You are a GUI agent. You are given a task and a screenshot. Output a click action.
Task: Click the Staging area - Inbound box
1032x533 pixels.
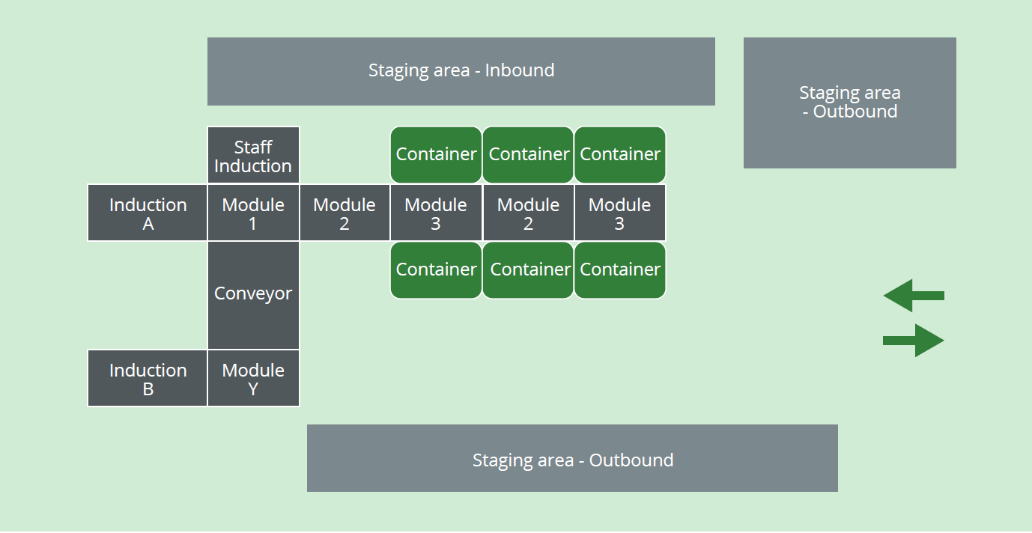[x=461, y=71]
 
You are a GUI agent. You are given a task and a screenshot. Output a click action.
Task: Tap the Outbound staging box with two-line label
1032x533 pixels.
[x=849, y=103]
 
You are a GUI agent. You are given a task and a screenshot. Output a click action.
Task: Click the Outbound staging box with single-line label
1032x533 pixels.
[x=572, y=458]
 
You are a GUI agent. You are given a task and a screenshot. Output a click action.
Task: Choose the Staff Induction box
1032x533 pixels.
[x=253, y=156]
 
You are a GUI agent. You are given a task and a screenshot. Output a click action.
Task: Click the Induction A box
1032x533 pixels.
[x=148, y=213]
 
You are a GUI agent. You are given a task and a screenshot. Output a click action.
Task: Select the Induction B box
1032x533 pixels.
[x=148, y=379]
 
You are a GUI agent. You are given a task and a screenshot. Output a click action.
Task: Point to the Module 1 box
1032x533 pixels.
[x=253, y=213]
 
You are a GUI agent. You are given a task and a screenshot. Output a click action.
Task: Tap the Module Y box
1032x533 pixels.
[x=253, y=379]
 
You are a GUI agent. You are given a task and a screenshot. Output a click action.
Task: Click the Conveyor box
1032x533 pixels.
[x=253, y=294]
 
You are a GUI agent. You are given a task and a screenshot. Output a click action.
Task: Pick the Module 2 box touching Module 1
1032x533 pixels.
[x=344, y=213]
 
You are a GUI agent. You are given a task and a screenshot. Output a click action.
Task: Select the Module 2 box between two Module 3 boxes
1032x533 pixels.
[x=528, y=213]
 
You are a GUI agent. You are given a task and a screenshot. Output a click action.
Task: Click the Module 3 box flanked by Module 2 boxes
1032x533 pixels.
[x=436, y=213]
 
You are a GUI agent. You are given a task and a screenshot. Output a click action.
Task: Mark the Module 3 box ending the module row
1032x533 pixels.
[x=619, y=213]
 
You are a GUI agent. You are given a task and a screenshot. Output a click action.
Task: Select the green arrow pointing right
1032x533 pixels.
[x=914, y=341]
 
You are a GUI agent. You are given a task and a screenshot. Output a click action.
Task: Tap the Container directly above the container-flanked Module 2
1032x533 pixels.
[x=528, y=154]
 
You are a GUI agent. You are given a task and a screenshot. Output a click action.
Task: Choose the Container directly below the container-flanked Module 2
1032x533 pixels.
[x=528, y=269]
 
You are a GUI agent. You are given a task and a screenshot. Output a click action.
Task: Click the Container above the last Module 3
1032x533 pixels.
[x=619, y=154]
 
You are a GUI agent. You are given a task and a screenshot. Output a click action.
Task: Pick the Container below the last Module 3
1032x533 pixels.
[x=619, y=269]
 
